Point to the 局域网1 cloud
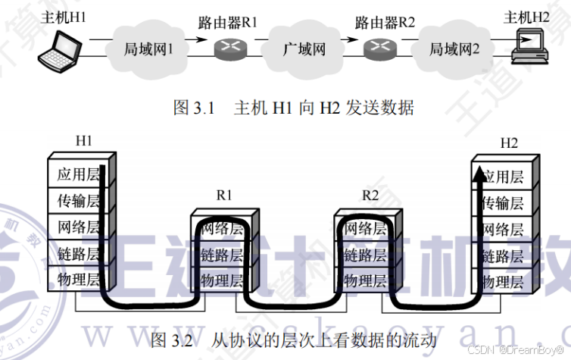click(149, 50)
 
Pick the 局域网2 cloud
click(454, 50)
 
